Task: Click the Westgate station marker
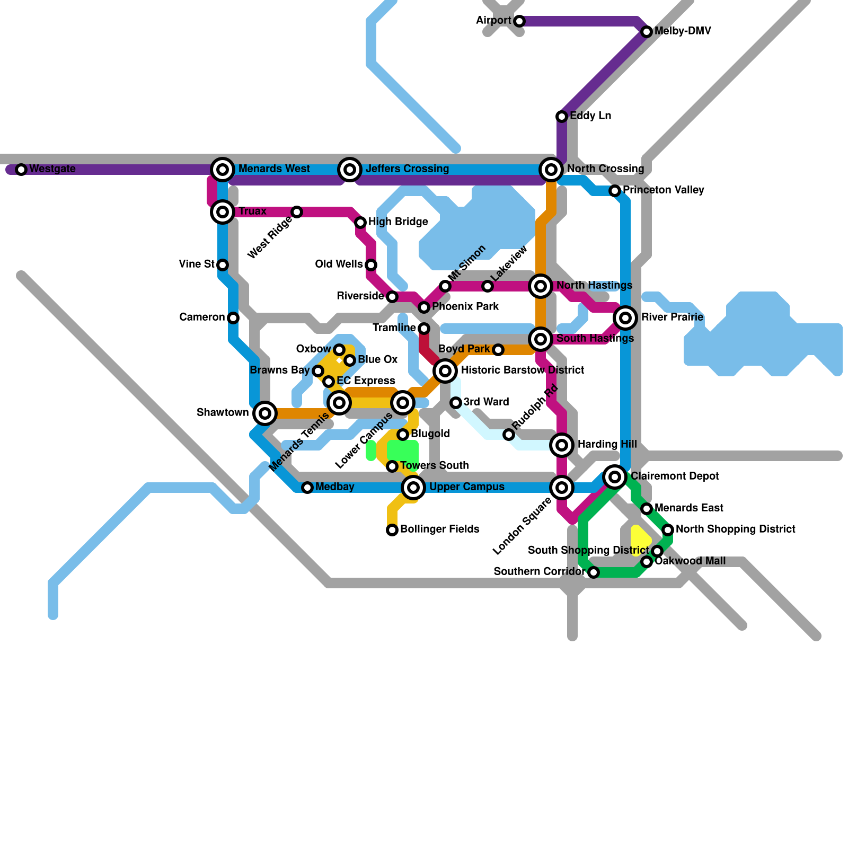21,170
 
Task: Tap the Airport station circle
519,21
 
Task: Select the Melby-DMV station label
682,31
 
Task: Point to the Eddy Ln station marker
562,117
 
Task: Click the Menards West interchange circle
223,170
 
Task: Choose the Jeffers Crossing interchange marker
350,170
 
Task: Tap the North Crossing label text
605,169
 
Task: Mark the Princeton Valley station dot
615,191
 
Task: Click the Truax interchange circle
223,212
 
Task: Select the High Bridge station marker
360,223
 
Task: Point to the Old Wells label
339,264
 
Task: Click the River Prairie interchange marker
625,318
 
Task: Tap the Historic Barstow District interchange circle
445,371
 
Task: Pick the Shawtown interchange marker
265,413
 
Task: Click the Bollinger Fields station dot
392,530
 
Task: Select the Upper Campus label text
466,487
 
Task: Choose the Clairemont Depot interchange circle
615,477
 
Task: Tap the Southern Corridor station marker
594,572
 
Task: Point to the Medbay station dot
307,488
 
